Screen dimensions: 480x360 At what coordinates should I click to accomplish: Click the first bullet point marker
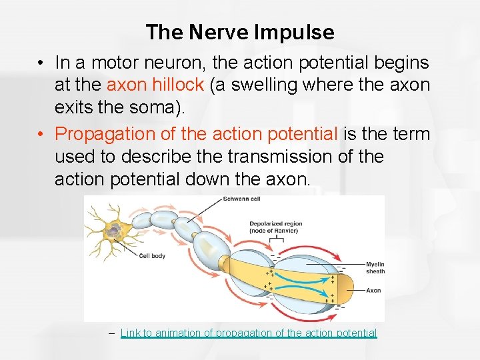point(41,63)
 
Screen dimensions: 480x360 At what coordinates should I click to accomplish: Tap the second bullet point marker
point(41,134)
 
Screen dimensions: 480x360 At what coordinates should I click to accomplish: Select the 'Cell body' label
point(153,256)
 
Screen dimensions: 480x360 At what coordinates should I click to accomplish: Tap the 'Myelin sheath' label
point(375,267)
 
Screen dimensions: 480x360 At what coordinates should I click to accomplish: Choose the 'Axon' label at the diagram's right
point(373,290)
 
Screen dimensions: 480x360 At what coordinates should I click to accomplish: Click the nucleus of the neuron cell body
point(115,231)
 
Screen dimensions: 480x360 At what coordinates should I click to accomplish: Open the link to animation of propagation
point(249,333)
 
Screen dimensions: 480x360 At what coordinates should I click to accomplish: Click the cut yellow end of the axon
point(346,287)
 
